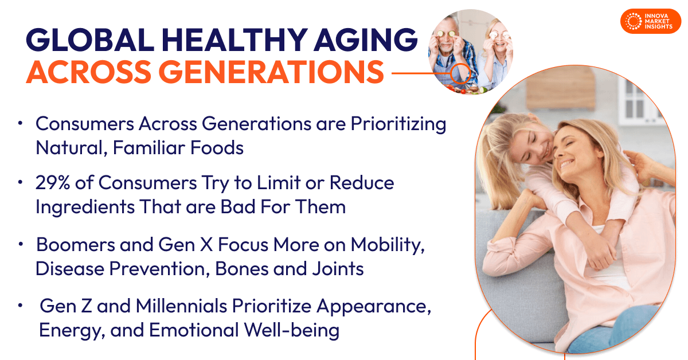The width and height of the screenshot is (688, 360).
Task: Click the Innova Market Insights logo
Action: tap(651, 21)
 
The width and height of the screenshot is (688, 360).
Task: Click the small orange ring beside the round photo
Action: tap(460, 73)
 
